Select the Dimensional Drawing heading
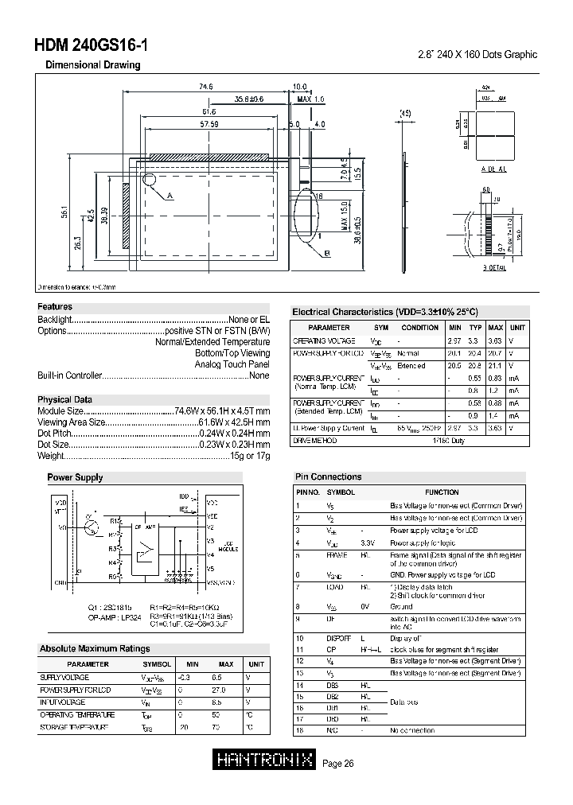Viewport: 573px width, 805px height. point(92,65)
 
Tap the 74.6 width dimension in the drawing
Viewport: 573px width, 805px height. point(206,87)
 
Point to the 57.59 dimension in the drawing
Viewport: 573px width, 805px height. point(209,124)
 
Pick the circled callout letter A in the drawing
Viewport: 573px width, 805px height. point(170,195)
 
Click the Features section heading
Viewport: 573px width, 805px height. point(55,307)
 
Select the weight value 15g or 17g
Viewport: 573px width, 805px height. point(250,456)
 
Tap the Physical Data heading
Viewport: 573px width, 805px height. point(64,399)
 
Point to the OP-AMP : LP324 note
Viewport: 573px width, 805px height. point(115,616)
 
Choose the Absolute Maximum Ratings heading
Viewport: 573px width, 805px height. point(95,649)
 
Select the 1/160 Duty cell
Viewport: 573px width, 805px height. point(448,440)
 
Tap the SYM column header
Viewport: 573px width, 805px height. point(381,327)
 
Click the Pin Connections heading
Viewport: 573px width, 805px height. point(328,476)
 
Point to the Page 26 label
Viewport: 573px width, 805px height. point(339,764)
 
